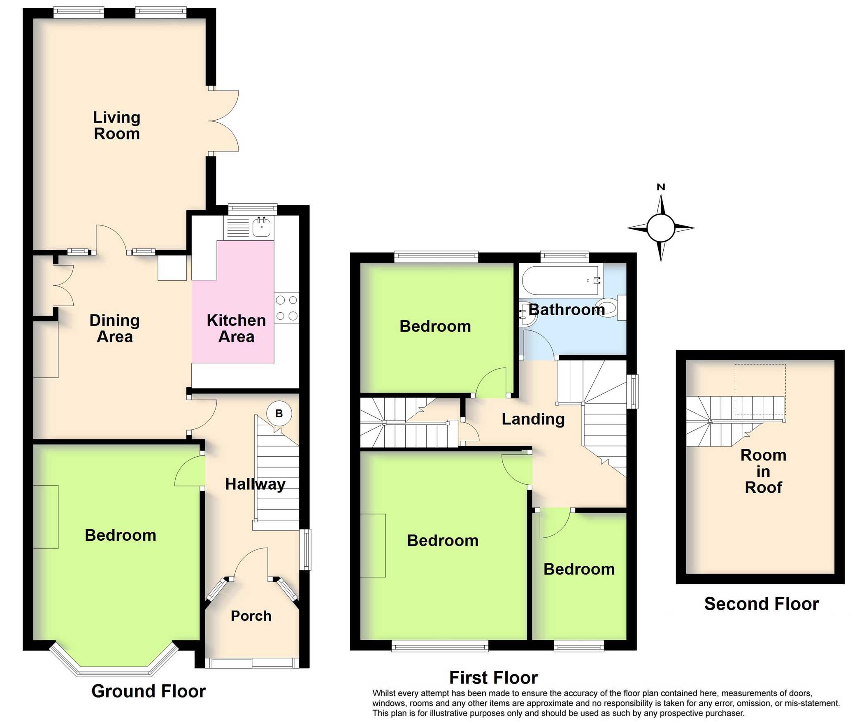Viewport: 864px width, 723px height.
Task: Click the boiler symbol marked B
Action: point(279,413)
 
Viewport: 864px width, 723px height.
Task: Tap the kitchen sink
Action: point(261,227)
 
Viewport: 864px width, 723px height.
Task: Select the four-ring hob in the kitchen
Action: point(287,307)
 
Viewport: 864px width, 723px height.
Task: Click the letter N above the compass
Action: point(661,187)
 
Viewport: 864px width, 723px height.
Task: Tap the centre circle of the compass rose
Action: point(661,228)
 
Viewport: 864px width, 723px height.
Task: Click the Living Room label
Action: point(117,126)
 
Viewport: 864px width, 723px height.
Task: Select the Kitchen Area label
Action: point(236,328)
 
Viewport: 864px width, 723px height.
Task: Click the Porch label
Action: point(251,616)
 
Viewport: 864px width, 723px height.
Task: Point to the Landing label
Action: point(533,419)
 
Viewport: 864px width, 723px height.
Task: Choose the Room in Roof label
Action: point(763,471)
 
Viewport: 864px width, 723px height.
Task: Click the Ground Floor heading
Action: point(149,691)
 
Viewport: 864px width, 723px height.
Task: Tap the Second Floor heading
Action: point(762,604)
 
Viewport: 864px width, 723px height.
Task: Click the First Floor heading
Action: point(493,677)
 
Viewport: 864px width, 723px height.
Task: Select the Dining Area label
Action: point(115,328)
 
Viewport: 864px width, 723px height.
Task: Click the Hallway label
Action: point(255,484)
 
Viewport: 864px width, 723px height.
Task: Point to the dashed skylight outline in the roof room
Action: point(760,389)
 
